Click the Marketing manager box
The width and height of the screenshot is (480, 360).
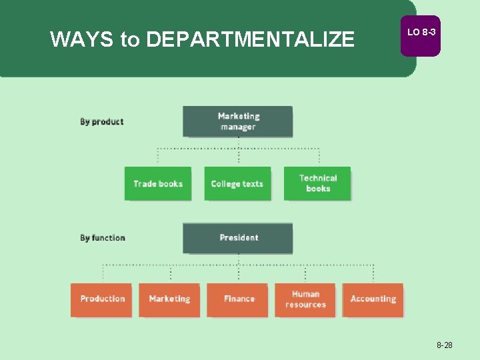click(237, 121)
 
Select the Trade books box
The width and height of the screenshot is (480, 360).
click(158, 183)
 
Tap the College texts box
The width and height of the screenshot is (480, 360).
click(237, 183)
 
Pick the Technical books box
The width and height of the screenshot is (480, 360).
click(317, 183)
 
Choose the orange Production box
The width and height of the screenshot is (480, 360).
click(102, 299)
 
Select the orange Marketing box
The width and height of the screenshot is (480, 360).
click(169, 299)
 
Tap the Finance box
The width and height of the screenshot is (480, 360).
click(238, 299)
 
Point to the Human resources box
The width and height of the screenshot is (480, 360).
click(305, 299)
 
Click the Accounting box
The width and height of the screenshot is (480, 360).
click(373, 299)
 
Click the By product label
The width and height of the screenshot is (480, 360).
click(102, 122)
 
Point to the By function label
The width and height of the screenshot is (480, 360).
click(103, 238)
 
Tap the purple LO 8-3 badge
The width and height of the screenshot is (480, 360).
click(420, 33)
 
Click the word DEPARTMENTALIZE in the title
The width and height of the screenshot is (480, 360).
click(250, 40)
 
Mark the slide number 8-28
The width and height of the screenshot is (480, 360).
click(445, 345)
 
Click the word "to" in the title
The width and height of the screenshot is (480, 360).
click(130, 40)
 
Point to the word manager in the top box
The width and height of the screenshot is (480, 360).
click(238, 127)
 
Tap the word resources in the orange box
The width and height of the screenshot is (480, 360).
click(305, 305)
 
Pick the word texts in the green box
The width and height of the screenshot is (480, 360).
click(253, 184)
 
